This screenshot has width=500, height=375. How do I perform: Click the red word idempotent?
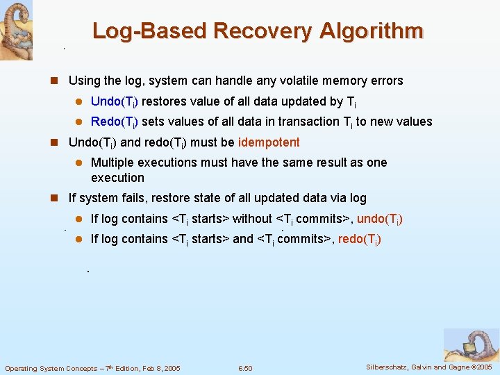269,142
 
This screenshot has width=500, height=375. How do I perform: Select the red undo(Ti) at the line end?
380,219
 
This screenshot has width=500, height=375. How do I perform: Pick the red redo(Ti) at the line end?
359,240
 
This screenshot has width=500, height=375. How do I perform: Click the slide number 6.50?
245,368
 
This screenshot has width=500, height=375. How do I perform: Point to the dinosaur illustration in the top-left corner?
15,29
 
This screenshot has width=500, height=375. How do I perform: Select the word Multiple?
114,162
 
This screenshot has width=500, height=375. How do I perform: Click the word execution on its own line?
117,178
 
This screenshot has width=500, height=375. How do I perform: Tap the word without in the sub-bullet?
252,219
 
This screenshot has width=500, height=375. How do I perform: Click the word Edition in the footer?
120,368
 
